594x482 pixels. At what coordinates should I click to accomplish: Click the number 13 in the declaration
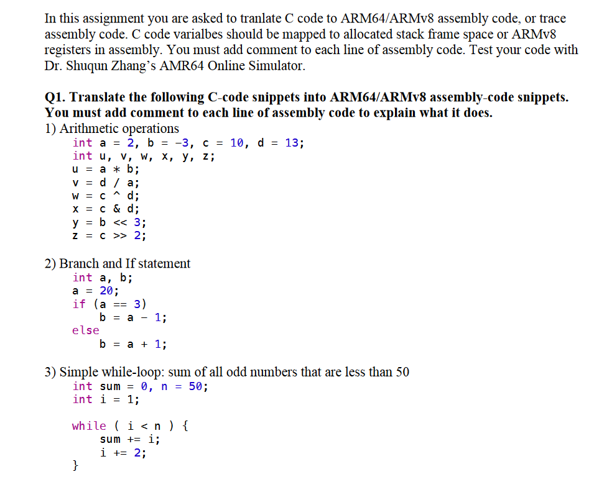(x=292, y=143)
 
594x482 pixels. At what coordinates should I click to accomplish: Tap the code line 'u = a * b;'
(x=106, y=170)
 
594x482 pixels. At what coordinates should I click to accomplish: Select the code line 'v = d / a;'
(x=106, y=183)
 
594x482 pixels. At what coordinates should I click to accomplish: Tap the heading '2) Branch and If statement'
(x=118, y=263)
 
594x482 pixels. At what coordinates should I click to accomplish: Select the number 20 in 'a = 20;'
(x=106, y=291)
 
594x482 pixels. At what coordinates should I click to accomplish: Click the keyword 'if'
(x=79, y=304)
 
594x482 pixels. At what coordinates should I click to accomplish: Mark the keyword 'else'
(x=85, y=330)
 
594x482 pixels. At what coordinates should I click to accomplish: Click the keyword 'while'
(x=89, y=426)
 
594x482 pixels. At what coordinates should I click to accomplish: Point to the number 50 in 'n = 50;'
(x=195, y=386)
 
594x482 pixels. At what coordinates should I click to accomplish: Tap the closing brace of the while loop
(x=75, y=465)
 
